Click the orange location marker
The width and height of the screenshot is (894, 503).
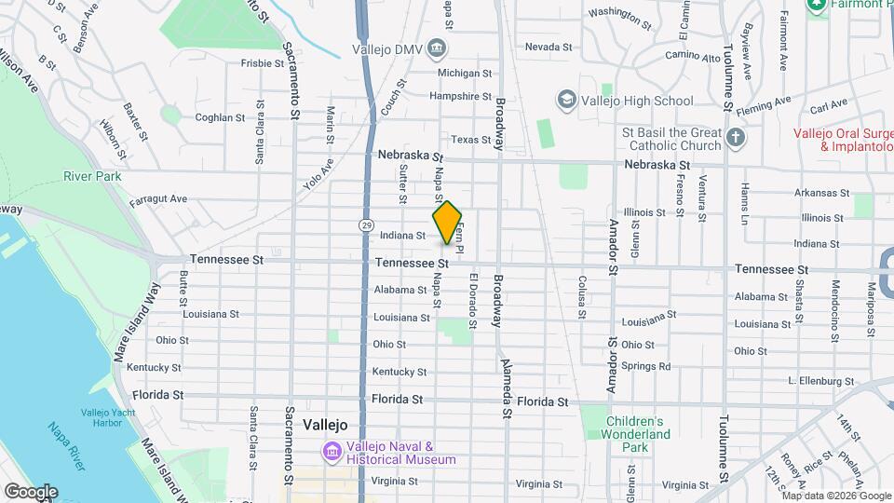point(447,223)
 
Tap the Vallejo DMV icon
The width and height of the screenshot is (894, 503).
point(439,49)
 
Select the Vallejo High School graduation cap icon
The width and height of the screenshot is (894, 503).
point(566,100)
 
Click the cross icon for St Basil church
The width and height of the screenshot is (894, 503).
point(736,139)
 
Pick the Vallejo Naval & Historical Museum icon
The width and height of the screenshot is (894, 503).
point(332,453)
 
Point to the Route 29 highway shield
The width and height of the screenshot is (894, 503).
point(367,225)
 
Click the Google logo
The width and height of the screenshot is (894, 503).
point(31,492)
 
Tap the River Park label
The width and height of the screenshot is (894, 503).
point(92,176)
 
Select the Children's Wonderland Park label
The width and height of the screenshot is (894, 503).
point(635,428)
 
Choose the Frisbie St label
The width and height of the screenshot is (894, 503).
point(262,63)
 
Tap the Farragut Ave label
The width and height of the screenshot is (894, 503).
point(158,198)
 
